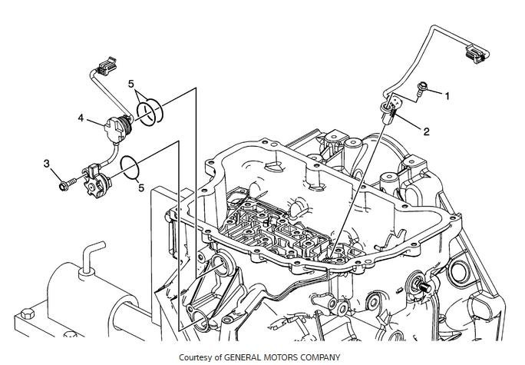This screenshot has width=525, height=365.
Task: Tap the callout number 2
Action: click(x=426, y=131)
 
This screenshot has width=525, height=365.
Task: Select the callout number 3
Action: click(x=47, y=164)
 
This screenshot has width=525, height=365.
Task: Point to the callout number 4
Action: click(x=80, y=118)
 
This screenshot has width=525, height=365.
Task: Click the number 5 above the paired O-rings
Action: click(x=131, y=83)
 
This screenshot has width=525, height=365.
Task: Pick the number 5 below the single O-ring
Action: click(x=141, y=187)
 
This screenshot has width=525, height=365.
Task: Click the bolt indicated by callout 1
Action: click(x=423, y=91)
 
